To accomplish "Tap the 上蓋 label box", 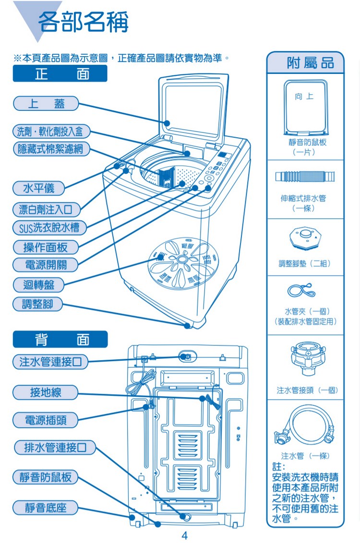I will [46, 103].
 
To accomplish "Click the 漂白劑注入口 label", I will [46, 209].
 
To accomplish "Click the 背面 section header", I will [60, 340].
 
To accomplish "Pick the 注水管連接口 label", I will [50, 362].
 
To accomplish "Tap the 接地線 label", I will [46, 392].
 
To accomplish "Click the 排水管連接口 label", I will [55, 448].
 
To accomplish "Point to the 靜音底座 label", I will [46, 507].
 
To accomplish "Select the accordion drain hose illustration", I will [305, 176].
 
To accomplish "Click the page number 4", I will [184, 535].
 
